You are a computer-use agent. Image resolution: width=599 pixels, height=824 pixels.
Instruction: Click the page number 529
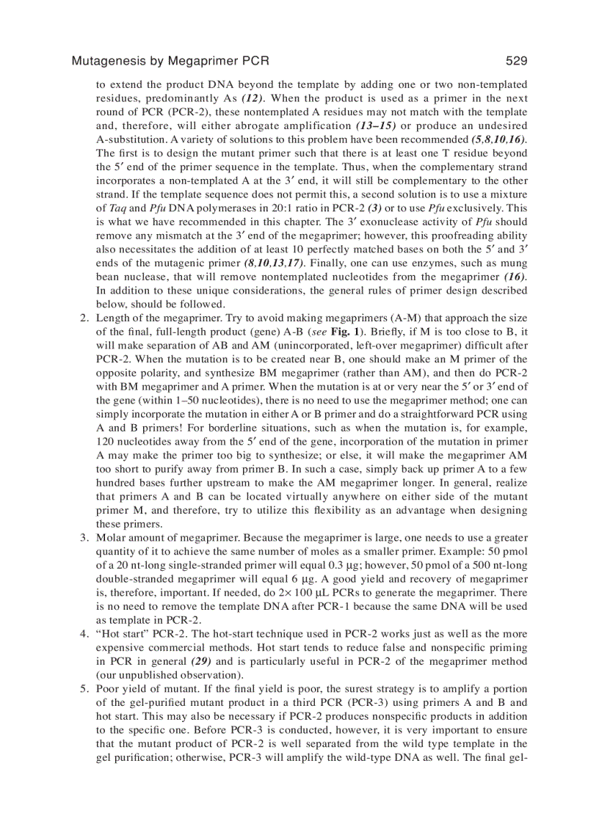[516, 61]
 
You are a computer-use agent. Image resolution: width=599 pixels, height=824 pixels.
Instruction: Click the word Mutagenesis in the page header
[107, 61]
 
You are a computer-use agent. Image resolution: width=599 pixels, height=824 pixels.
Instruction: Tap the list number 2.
[83, 318]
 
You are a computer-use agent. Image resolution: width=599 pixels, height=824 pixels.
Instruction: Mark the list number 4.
[83, 634]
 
